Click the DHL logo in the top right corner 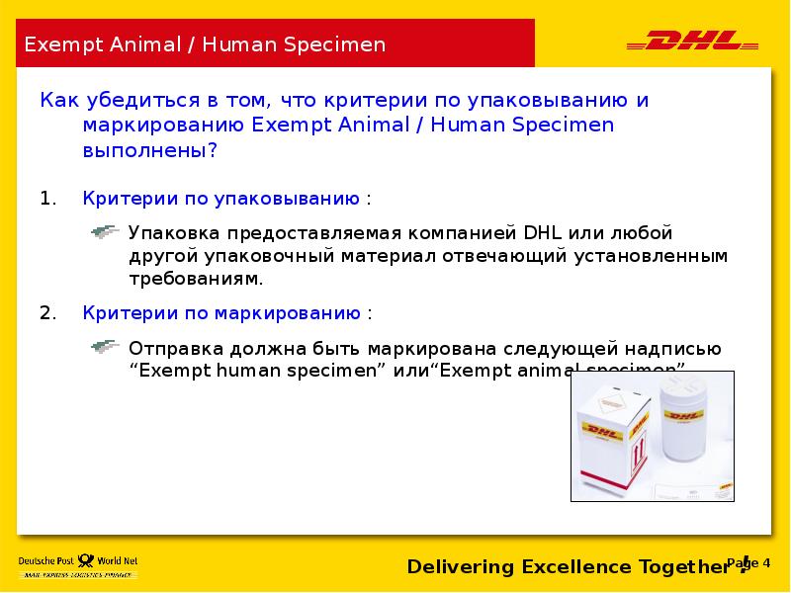point(692,42)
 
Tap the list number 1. point(45,199)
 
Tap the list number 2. point(47,313)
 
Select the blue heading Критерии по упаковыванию point(220,199)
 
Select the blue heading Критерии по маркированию point(220,313)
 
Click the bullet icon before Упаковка point(105,232)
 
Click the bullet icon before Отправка point(105,347)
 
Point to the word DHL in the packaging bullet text point(542,233)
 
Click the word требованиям point(196,279)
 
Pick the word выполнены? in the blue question point(149,151)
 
